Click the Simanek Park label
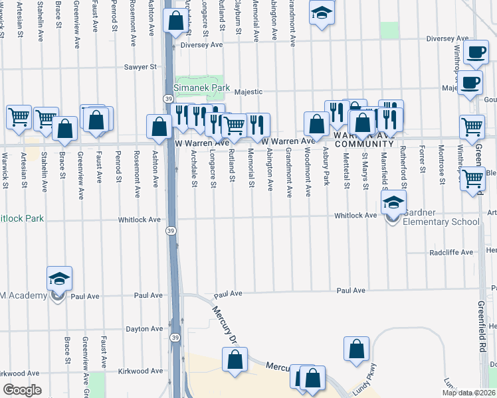201,88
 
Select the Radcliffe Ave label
451,253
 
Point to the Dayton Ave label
145,328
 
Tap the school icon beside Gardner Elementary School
393,204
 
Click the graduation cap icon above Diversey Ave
322,13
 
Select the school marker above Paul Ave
59,280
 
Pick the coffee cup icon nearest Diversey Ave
475,53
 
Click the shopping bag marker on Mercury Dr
235,360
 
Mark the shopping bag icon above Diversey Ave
175,21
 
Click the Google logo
23,390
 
